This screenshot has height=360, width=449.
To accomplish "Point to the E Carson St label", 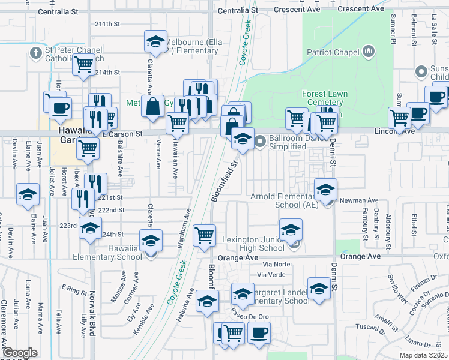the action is (122, 134).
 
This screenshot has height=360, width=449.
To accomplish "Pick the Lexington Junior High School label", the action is (253, 244).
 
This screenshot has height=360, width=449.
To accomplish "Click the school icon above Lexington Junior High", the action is (291, 230).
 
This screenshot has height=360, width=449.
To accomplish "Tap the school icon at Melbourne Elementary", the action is (155, 42).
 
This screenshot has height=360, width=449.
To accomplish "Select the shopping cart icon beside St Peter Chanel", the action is (83, 64).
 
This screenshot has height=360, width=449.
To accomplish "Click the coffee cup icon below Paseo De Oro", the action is (259, 333).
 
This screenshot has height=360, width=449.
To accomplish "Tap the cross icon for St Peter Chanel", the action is (35, 53).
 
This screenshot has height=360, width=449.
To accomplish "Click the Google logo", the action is (20, 353).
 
